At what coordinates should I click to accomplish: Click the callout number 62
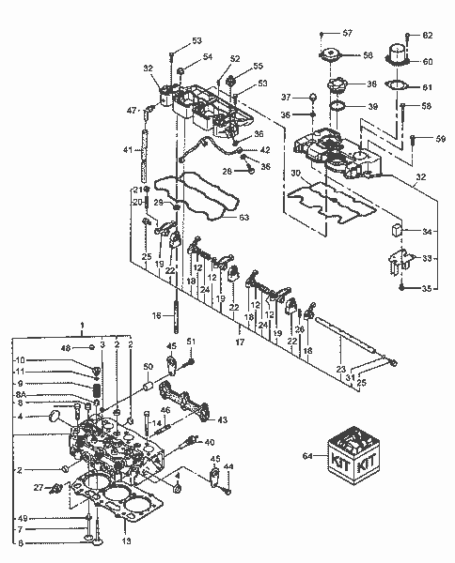(x=428, y=36)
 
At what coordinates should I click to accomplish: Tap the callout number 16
(x=158, y=317)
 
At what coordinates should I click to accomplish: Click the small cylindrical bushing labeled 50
(x=149, y=387)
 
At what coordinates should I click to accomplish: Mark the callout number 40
(x=209, y=442)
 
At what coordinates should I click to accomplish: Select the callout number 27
(x=38, y=487)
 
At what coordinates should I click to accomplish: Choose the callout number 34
(x=428, y=231)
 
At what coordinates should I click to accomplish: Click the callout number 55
(x=258, y=67)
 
